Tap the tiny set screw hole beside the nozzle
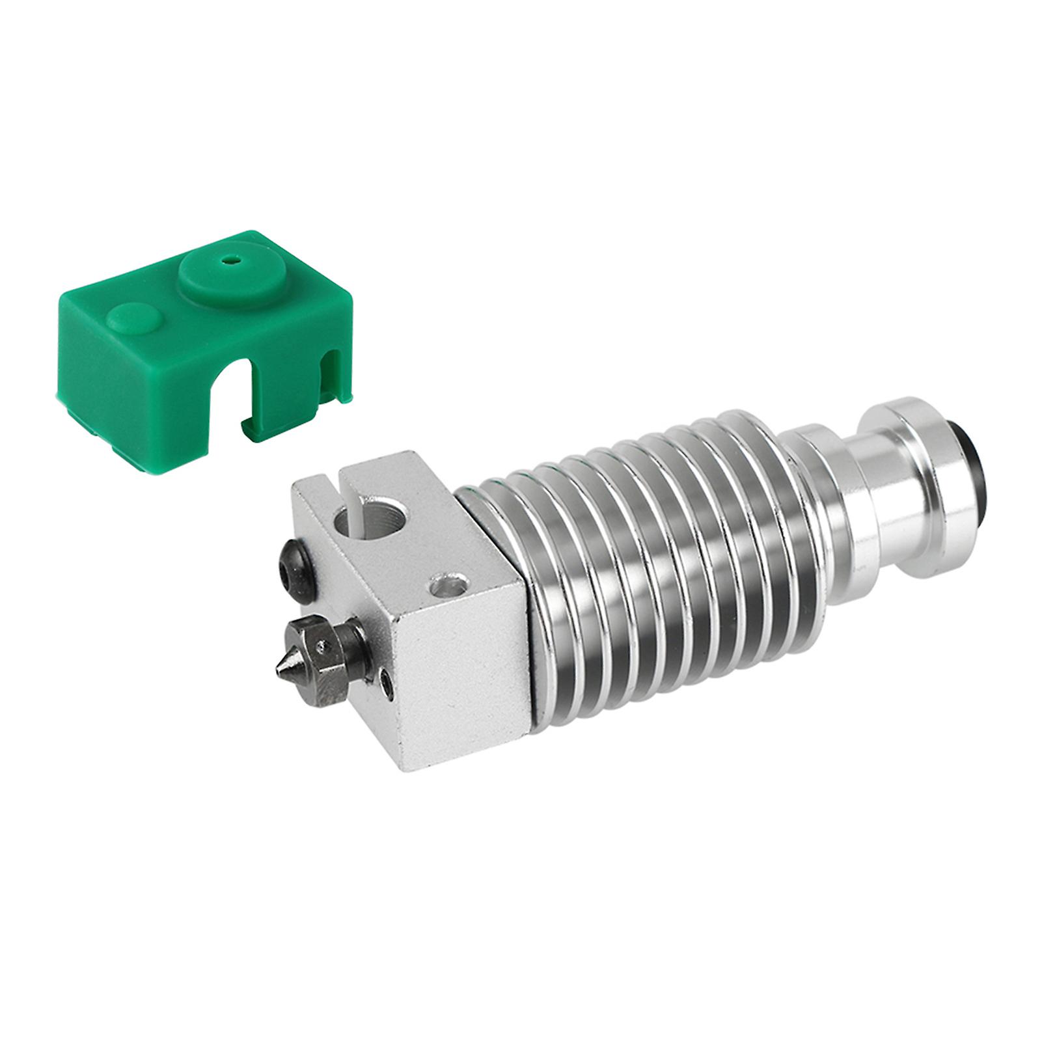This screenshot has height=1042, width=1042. (388, 684)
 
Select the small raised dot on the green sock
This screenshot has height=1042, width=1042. (134, 318)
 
